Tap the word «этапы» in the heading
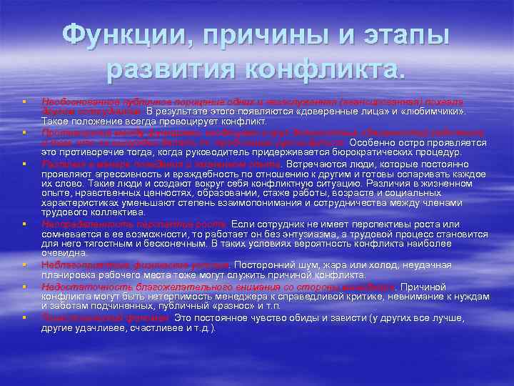[405, 35]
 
